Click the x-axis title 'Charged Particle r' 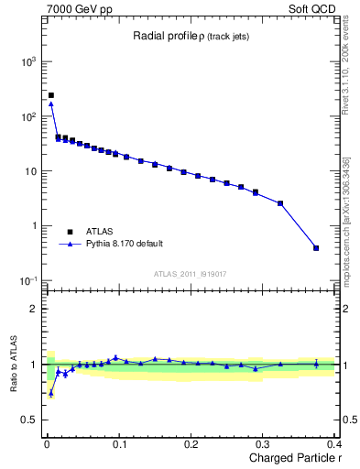pos(290,458)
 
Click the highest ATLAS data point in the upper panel pos(51,95)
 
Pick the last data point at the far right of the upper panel pos(316,247)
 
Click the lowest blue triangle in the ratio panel pos(51,393)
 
